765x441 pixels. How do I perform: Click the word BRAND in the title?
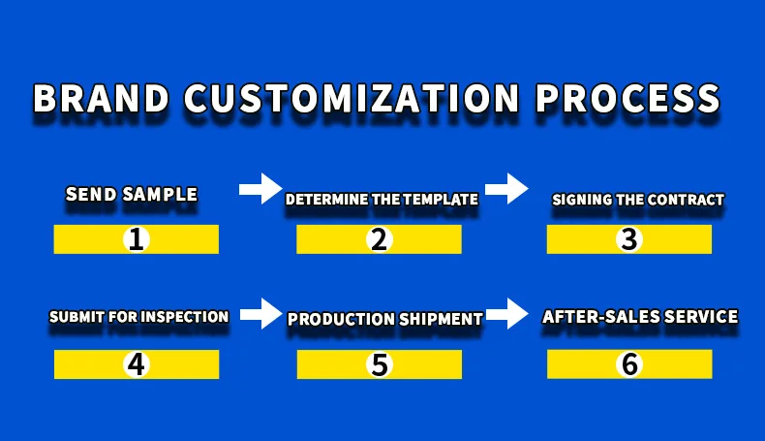point(101,100)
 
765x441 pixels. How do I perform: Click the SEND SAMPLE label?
point(132,195)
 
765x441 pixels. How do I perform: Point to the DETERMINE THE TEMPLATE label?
point(382,200)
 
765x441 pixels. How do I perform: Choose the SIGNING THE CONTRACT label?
point(638,201)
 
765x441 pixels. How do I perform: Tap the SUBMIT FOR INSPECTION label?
point(138,317)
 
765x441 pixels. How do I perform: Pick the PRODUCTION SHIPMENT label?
point(385,319)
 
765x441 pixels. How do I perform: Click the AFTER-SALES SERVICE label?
point(640,317)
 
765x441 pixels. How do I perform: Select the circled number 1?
point(137,239)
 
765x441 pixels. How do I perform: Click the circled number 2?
point(379,239)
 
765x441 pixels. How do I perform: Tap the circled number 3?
point(629,239)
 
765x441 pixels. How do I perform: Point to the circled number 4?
point(137,364)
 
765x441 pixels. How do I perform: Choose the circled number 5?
point(379,364)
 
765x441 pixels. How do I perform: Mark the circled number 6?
point(629,364)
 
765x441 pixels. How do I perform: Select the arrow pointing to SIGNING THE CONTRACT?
point(505,187)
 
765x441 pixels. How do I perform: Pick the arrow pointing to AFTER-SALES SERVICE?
point(505,312)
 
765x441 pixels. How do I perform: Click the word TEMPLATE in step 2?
point(442,200)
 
